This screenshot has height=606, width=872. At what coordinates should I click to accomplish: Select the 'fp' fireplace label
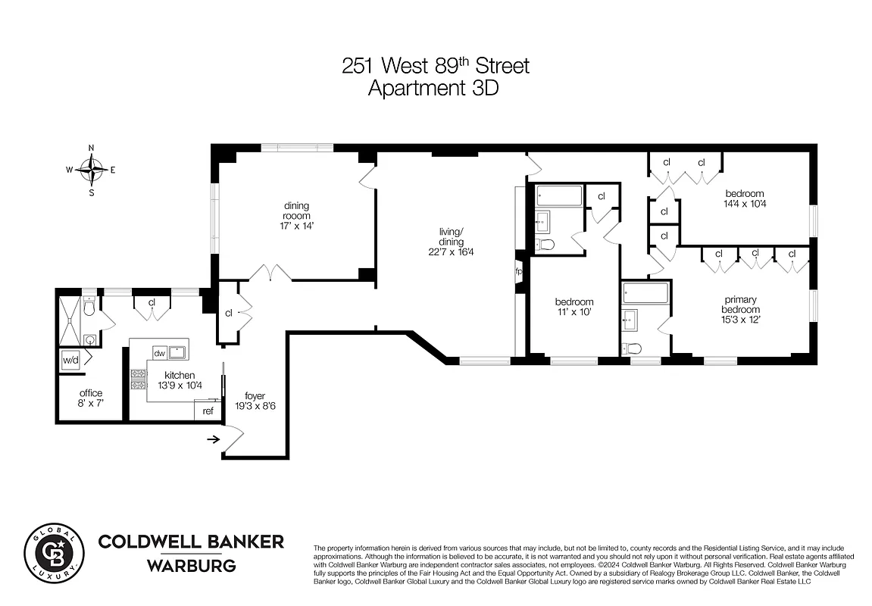tap(519, 271)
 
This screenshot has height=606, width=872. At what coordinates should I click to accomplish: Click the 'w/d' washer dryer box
tap(70, 361)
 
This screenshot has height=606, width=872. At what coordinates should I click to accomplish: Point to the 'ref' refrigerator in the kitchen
tap(208, 411)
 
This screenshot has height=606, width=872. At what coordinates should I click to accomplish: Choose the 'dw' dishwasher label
tap(159, 353)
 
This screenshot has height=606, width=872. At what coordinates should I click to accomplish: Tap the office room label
tap(91, 393)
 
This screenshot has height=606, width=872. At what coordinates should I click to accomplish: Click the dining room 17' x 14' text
tap(296, 225)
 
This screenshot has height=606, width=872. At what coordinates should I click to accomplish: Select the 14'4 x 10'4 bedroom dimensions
tap(744, 203)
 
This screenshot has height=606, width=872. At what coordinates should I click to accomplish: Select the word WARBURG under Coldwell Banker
tap(191, 566)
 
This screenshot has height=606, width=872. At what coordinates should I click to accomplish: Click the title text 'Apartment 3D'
tap(435, 88)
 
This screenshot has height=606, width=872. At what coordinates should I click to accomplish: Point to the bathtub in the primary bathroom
tap(645, 293)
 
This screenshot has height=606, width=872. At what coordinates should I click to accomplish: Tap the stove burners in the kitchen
tap(139, 379)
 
